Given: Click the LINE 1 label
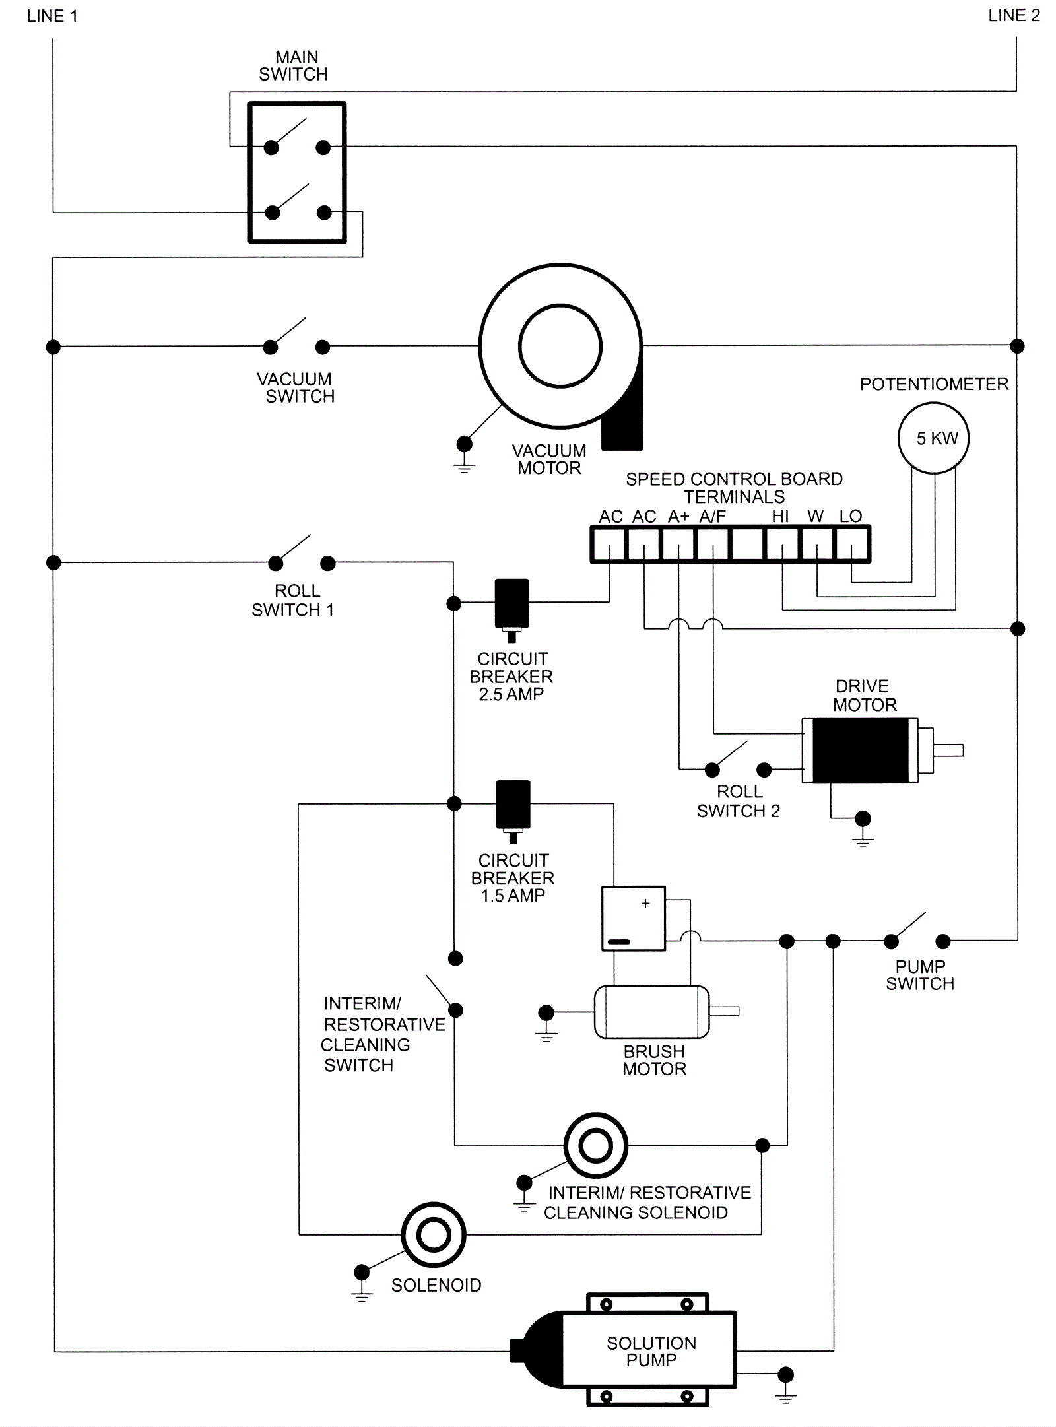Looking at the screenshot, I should [52, 17].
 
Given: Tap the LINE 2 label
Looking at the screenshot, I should [1014, 16].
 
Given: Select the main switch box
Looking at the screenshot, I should [297, 172].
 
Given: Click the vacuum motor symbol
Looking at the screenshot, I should [560, 347].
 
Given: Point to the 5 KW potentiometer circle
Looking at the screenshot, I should [933, 438].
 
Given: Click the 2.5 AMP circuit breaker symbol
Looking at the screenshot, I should [511, 604].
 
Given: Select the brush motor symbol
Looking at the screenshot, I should [652, 1012].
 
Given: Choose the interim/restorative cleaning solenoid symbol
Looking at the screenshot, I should [596, 1146].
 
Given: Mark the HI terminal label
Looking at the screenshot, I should [780, 516].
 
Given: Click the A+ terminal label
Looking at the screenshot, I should [678, 516].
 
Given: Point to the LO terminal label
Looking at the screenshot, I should [851, 516].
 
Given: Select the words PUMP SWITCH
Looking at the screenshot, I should [920, 975].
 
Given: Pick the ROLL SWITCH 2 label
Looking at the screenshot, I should [739, 801].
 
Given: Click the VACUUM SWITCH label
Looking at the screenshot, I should [296, 388].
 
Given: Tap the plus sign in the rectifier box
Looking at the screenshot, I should [645, 904].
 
